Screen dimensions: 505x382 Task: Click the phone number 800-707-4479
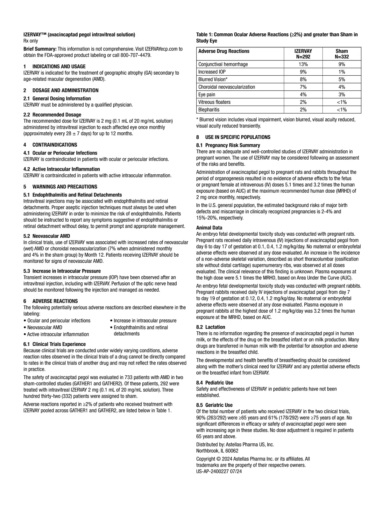click(x=135, y=55)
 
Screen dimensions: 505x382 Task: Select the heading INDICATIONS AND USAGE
click(x=59, y=66)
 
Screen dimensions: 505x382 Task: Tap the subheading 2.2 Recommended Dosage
click(x=52, y=115)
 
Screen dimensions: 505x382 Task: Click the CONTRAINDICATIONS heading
click(x=55, y=145)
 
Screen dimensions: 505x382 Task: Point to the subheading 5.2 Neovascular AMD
click(x=46, y=236)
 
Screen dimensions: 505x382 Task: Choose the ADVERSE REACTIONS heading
click(x=55, y=301)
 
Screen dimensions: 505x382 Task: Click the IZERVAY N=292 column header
click(x=303, y=54)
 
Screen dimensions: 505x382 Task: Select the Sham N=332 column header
click(x=342, y=54)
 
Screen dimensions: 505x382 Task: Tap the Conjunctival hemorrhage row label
click(x=223, y=64)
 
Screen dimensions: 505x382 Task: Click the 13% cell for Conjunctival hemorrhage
click(x=303, y=64)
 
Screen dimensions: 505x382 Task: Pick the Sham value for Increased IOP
click(x=342, y=72)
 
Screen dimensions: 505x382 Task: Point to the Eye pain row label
click(x=207, y=94)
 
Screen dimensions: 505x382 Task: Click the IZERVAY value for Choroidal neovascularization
click(x=303, y=87)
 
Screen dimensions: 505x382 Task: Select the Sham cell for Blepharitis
click(x=342, y=110)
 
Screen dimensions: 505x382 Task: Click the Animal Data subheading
click(x=209, y=228)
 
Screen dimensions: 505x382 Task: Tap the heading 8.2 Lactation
click(x=211, y=327)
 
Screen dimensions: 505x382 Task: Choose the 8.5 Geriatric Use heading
click(x=214, y=405)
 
